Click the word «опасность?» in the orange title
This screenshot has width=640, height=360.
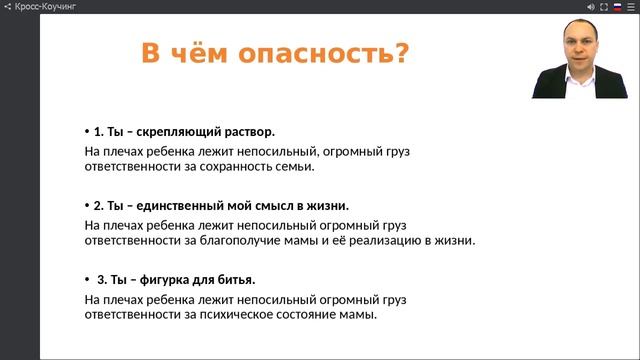[x=336, y=53]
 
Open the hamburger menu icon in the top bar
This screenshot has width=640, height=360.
[x=630, y=6]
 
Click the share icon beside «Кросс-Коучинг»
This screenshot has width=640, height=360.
[x=8, y=6]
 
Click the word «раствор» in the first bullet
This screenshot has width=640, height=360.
[x=248, y=131]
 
